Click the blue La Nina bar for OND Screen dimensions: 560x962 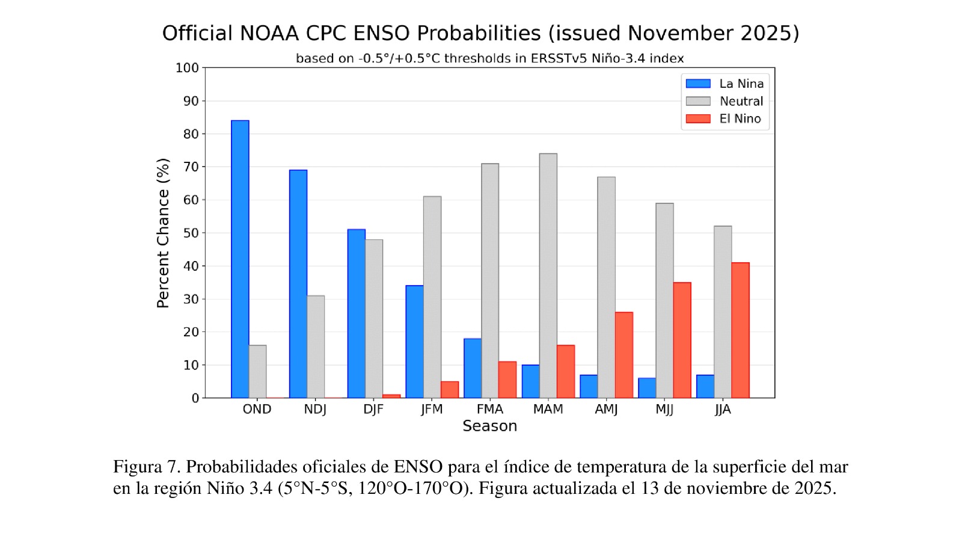click(x=240, y=259)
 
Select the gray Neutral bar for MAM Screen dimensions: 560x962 click(x=548, y=275)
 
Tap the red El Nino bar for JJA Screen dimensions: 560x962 click(x=740, y=330)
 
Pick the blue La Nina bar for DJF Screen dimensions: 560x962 click(x=356, y=313)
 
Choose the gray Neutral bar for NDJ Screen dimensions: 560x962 click(x=316, y=346)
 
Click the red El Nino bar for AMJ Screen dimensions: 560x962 click(x=623, y=355)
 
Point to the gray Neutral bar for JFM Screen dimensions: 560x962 click(x=432, y=297)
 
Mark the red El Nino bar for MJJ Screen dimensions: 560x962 click(x=682, y=340)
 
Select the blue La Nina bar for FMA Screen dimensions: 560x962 click(x=473, y=368)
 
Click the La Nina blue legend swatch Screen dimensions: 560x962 click(x=698, y=84)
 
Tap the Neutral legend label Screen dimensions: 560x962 click(x=741, y=101)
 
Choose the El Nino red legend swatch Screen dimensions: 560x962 click(x=698, y=118)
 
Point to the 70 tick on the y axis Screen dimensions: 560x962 click(x=191, y=167)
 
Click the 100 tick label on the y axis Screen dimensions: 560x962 click(x=187, y=68)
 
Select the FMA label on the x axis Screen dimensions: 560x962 click(x=489, y=410)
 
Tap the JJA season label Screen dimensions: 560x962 click(x=723, y=410)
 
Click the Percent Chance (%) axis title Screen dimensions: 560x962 click(x=163, y=233)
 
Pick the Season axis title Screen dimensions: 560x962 click(x=489, y=426)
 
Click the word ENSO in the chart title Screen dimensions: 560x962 click(x=381, y=33)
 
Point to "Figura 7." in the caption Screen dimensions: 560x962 click(x=147, y=467)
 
